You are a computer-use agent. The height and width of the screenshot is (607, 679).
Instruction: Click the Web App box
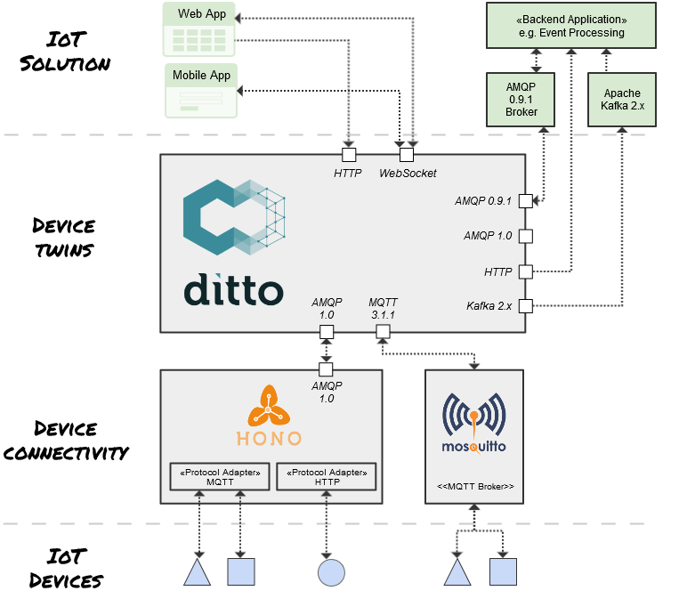tap(200, 30)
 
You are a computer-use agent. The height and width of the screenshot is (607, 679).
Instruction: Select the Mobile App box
tap(201, 91)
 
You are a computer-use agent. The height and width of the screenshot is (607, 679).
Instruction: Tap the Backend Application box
tap(570, 26)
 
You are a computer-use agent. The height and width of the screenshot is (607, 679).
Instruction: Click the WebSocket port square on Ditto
tap(407, 155)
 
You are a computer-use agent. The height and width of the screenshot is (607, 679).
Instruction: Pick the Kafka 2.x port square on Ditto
tap(525, 306)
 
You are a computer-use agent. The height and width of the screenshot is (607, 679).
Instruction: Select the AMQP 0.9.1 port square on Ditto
tap(525, 201)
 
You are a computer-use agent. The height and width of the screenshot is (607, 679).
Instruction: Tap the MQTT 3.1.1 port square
tap(383, 332)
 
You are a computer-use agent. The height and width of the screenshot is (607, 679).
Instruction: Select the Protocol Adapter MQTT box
tap(218, 476)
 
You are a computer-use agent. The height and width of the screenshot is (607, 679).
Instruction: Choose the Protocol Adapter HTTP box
tap(327, 476)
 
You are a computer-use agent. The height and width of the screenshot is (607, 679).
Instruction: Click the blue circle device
tap(331, 571)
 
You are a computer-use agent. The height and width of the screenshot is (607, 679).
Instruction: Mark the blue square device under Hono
tap(241, 571)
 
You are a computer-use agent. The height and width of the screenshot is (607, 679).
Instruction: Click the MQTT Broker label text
tap(475, 487)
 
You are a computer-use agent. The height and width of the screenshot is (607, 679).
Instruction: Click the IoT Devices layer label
tap(66, 569)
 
